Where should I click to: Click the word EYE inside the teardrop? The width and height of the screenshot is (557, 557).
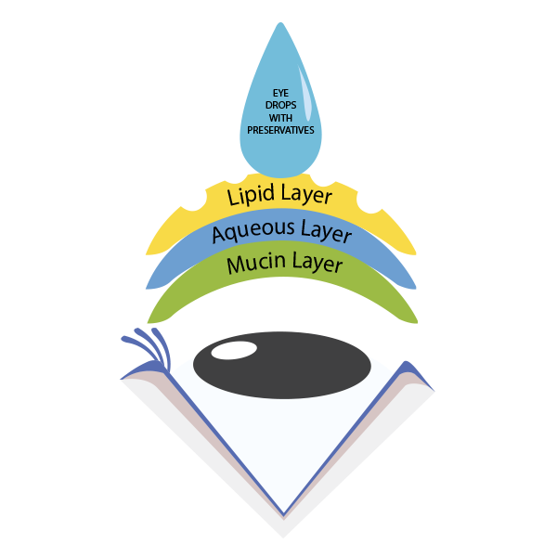click(x=279, y=95)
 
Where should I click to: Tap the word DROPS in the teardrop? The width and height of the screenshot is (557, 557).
click(x=279, y=107)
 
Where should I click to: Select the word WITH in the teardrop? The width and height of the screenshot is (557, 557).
click(x=279, y=119)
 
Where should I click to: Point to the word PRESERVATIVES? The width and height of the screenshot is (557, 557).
click(x=279, y=131)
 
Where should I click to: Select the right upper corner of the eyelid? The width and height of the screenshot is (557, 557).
click(x=408, y=362)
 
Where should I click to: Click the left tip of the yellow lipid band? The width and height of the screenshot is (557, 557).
click(x=149, y=251)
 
